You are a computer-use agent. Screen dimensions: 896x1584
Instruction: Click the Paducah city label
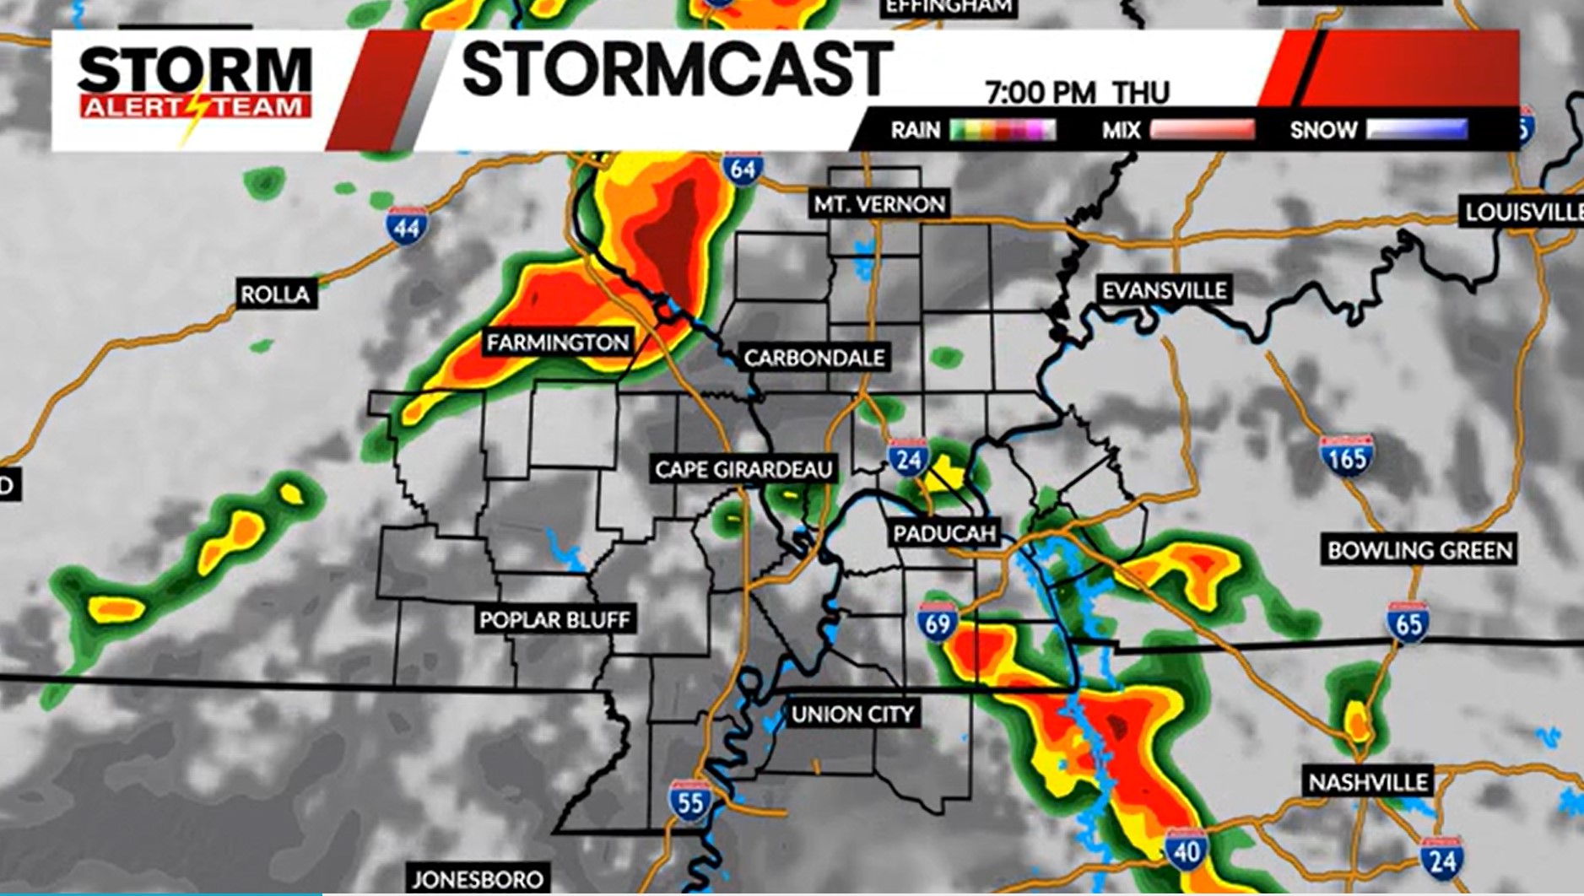click(x=945, y=533)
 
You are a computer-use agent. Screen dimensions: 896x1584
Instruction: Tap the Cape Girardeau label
click(x=743, y=469)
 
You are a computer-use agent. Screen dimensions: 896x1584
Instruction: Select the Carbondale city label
click(x=814, y=358)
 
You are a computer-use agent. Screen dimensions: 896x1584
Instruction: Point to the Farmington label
click(x=558, y=343)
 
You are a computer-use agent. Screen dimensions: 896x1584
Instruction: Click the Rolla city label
click(x=275, y=294)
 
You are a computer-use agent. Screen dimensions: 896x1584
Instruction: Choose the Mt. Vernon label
click(x=879, y=204)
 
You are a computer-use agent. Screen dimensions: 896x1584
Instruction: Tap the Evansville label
click(x=1164, y=290)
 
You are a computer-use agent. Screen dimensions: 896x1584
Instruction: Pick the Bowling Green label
click(x=1419, y=551)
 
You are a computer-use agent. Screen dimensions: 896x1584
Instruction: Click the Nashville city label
click(x=1368, y=782)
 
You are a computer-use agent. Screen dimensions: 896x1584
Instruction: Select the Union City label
click(x=852, y=715)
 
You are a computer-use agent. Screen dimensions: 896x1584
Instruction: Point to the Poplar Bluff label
click(x=554, y=620)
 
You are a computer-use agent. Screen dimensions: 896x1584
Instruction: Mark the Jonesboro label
click(x=478, y=879)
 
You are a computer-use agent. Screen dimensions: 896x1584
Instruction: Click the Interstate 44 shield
click(x=407, y=226)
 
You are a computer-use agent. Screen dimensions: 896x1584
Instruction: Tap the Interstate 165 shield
click(x=1346, y=456)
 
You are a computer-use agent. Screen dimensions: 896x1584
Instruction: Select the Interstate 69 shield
click(x=937, y=622)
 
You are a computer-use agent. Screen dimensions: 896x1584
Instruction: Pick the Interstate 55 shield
click(x=689, y=801)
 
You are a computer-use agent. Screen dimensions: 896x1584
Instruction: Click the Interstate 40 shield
click(x=1186, y=850)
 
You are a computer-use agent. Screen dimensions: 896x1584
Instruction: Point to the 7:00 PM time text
click(x=1041, y=93)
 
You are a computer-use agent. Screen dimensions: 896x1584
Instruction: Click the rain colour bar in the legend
click(x=1003, y=130)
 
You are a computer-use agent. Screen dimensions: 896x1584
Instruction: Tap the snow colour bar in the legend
click(x=1417, y=130)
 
